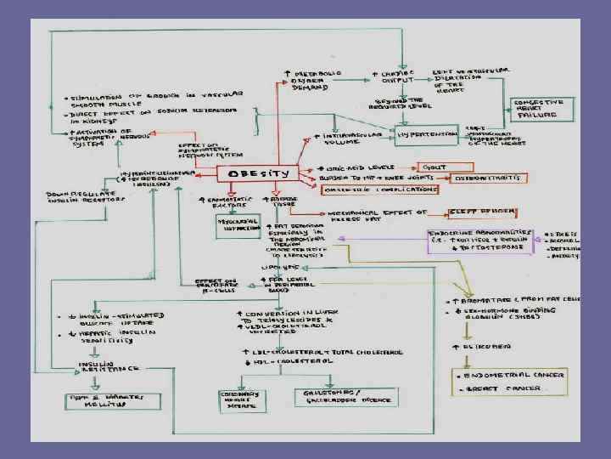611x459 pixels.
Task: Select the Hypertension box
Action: pos(429,134)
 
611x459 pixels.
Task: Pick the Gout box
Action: pos(432,167)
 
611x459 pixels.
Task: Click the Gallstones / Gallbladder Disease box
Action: pos(333,398)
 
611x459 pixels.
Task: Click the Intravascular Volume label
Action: pos(349,138)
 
